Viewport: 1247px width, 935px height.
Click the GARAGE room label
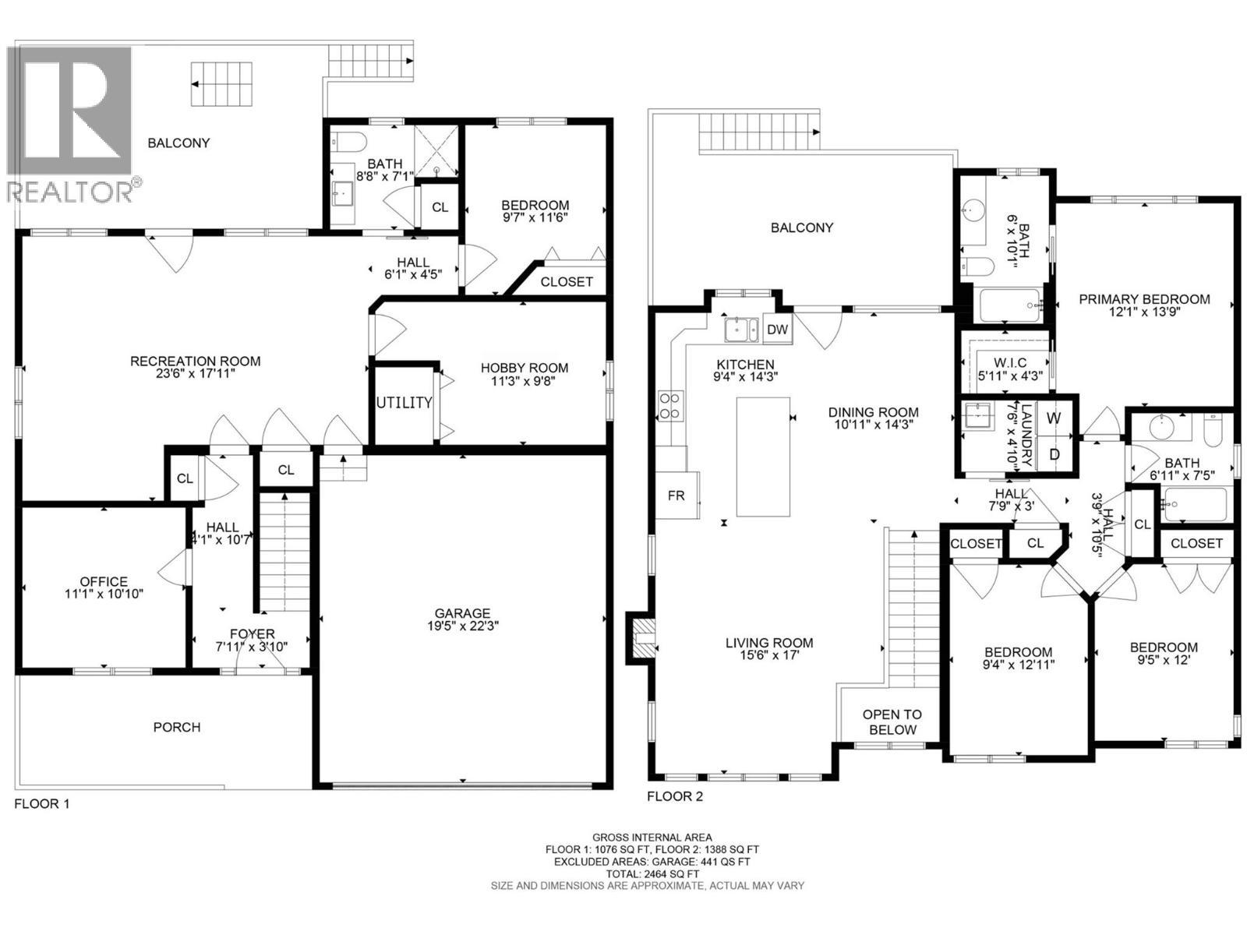pos(462,613)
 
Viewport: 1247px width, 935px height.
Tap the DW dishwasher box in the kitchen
pos(776,330)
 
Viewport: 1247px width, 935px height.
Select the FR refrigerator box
pos(676,495)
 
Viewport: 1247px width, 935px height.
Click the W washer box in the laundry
pos(1053,418)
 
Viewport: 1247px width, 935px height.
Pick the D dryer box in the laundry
pos(1054,454)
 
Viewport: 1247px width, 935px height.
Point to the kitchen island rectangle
pos(763,457)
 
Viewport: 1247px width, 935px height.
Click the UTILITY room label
pos(404,403)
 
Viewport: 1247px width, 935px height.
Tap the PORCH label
pos(177,727)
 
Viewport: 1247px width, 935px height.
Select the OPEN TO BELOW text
pos(892,722)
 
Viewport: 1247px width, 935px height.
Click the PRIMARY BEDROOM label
pos(1144,299)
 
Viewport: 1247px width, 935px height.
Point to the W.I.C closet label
pos(1010,362)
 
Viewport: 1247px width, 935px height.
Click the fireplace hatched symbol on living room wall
pos(643,638)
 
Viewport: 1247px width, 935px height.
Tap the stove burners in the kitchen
pos(670,407)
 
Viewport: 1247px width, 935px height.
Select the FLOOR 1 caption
pos(41,804)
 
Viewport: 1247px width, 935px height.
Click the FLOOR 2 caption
pos(675,796)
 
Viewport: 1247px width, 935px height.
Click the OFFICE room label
pos(104,581)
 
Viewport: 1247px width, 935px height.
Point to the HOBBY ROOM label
pos(524,368)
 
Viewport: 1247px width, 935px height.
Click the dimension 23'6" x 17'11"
pos(195,373)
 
